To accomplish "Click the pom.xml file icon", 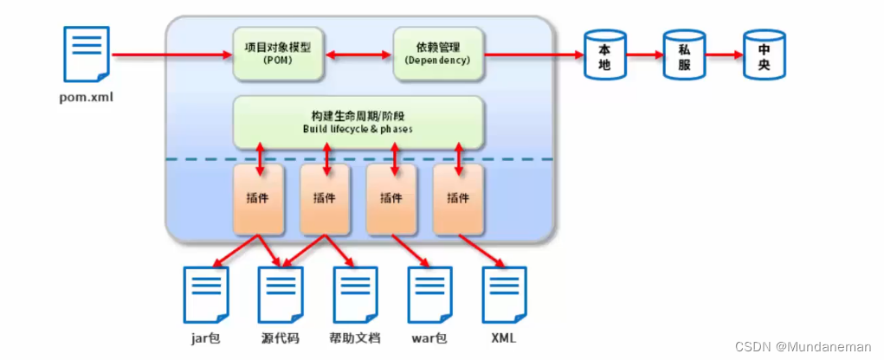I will click(87, 55).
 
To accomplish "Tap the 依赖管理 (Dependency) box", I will click(437, 54).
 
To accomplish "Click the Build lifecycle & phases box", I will click(358, 122).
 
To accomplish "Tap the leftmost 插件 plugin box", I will click(258, 199).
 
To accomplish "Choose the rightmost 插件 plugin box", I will click(457, 199).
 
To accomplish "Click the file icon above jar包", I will click(205, 295).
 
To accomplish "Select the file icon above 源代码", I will click(281, 295).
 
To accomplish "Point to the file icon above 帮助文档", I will click(355, 295).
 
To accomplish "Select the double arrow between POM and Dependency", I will click(358, 55).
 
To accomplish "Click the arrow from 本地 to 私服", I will click(643, 55).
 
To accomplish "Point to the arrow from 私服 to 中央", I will click(723, 55).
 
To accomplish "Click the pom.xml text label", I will click(87, 97).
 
